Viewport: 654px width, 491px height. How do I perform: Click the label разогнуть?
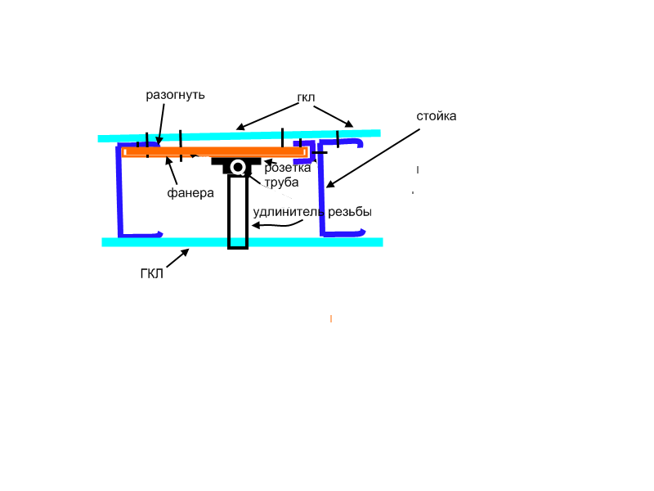pyautogui.click(x=175, y=95)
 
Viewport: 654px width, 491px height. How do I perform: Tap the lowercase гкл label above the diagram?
pyautogui.click(x=306, y=97)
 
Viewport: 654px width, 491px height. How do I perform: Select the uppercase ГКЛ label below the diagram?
pyautogui.click(x=152, y=274)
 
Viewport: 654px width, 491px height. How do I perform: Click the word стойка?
pyautogui.click(x=437, y=116)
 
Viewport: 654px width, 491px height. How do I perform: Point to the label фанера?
pyautogui.click(x=190, y=193)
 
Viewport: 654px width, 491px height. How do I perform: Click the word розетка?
pyautogui.click(x=288, y=168)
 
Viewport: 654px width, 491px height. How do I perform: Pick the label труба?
pyautogui.click(x=281, y=182)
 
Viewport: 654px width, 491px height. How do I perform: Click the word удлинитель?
pyautogui.click(x=289, y=212)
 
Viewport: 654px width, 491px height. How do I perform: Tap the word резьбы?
pyautogui.click(x=350, y=212)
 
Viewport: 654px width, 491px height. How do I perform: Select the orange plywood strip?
pyautogui.click(x=215, y=151)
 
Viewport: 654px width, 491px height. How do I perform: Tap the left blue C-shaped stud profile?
pyautogui.click(x=120, y=190)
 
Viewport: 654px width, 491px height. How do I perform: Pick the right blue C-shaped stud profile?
pyautogui.click(x=321, y=188)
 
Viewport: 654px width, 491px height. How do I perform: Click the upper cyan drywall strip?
pyautogui.click(x=239, y=136)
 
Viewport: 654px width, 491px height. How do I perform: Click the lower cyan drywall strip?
pyautogui.click(x=242, y=242)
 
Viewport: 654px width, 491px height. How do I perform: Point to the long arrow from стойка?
pyautogui.click(x=373, y=158)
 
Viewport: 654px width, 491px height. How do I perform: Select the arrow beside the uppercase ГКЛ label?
pyautogui.click(x=177, y=258)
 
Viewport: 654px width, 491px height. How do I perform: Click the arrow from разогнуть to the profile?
pyautogui.click(x=161, y=124)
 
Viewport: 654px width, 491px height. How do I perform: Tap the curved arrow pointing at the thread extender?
pyautogui.click(x=277, y=224)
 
